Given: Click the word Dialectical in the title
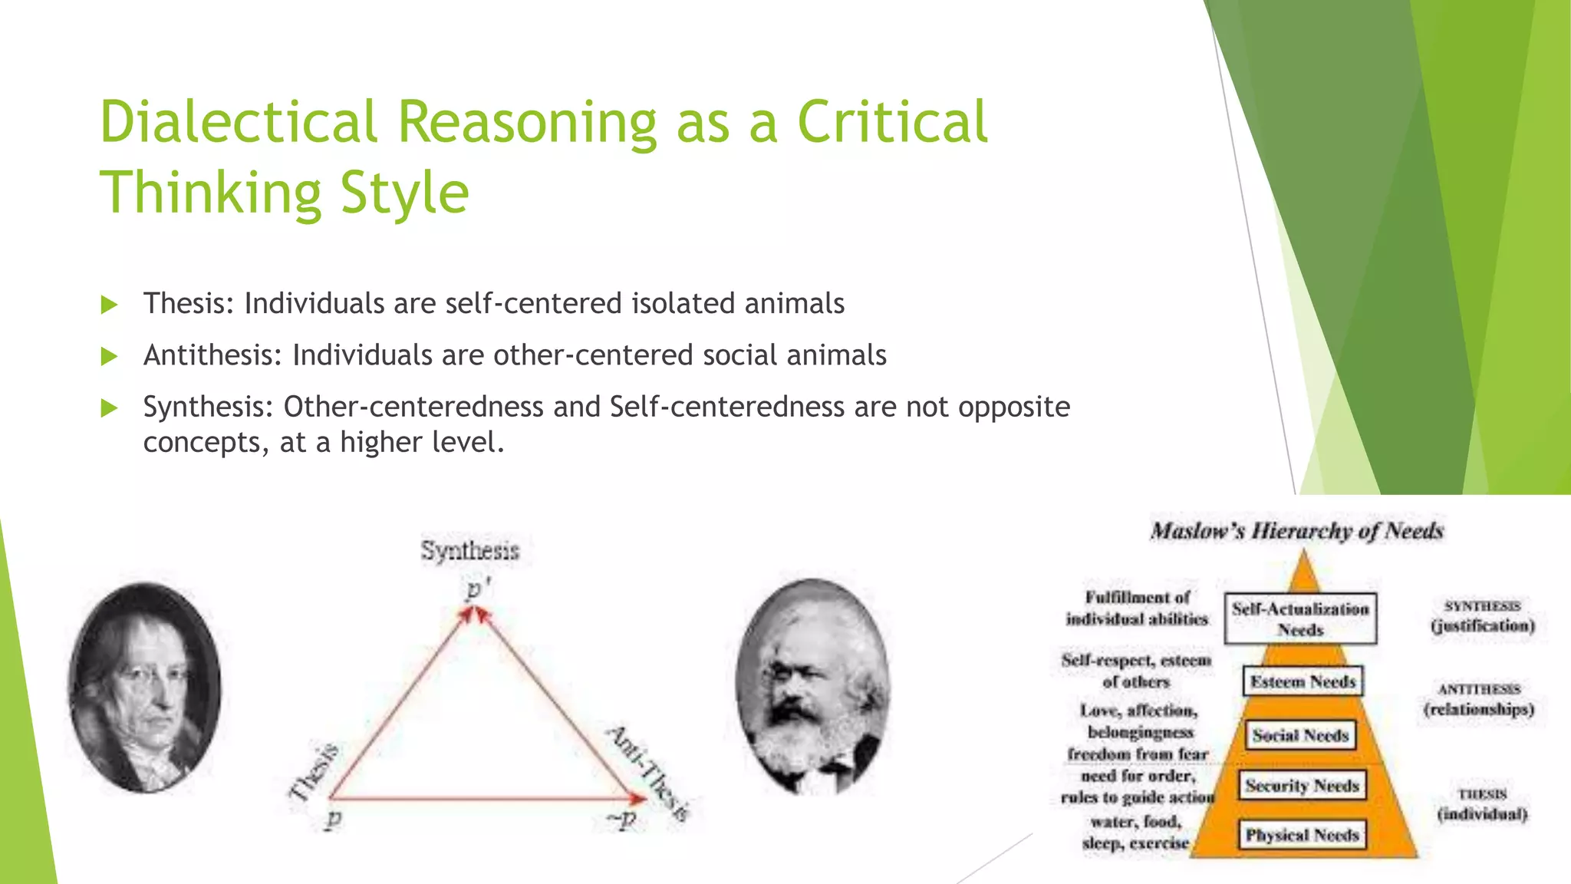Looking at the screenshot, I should pos(238,123).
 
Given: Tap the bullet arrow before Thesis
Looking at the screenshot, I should pos(110,305).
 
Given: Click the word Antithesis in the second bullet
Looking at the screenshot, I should pos(212,355).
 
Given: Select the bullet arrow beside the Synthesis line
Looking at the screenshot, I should pos(110,407).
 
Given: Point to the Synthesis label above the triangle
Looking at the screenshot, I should pos(469,550).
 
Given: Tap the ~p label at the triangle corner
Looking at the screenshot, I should pos(621,819).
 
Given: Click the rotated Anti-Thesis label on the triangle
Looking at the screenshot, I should pos(649,771).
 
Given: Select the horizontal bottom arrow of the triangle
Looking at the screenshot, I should pos(483,799).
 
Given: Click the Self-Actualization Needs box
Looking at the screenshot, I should pos(1300,618).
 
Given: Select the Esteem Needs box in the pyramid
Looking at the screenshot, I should pos(1303,681).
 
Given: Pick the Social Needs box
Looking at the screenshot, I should pos(1300,735).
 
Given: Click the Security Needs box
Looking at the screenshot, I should pos(1302,786).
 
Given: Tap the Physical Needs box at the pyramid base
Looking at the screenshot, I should pos(1302,835).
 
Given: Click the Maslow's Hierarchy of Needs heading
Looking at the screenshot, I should pos(1296,531).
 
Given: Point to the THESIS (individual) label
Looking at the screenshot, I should pos(1482,804).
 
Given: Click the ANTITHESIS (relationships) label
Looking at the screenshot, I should pos(1479,699).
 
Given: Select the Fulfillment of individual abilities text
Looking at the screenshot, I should pos(1137,608).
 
